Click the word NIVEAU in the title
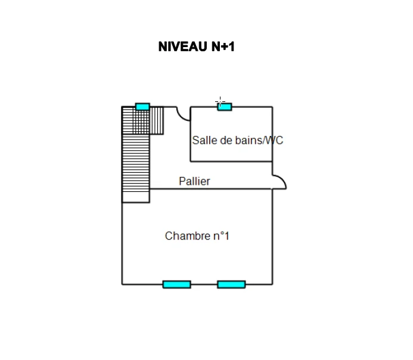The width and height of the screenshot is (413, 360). (x=183, y=46)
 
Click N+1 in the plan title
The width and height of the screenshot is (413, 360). (x=223, y=46)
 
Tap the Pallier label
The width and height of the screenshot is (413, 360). (x=194, y=181)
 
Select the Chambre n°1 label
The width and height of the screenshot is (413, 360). (x=197, y=236)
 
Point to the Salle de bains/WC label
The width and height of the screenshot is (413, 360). (x=238, y=140)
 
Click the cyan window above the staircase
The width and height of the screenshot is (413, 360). (x=142, y=107)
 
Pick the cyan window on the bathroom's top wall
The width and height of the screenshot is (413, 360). (x=225, y=107)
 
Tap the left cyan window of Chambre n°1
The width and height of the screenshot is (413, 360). (x=177, y=284)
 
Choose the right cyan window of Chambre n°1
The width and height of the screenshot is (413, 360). (x=231, y=284)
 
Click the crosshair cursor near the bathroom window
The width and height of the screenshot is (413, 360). (x=220, y=101)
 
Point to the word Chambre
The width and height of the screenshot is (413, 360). (x=187, y=236)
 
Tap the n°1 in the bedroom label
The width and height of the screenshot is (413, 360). (x=221, y=236)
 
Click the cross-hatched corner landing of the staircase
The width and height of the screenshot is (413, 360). (x=136, y=120)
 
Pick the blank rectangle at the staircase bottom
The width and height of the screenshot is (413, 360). (x=136, y=197)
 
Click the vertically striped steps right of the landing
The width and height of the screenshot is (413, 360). (x=157, y=120)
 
